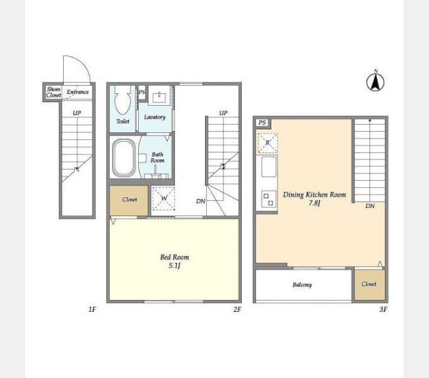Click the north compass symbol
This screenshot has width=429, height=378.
(375, 81)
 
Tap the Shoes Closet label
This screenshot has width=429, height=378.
(54, 92)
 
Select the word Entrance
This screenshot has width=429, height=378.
(78, 92)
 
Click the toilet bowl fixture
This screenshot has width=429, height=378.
(122, 100)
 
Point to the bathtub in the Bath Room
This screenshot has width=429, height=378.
(124, 158)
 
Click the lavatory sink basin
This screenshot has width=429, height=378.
(159, 97)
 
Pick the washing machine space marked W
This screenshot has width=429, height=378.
(163, 198)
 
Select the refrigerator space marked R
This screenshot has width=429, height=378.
(267, 143)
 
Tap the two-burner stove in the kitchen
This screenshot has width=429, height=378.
(268, 199)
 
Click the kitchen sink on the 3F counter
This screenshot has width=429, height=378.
(269, 166)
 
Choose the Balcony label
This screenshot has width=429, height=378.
(302, 285)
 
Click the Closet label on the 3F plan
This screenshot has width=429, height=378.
(369, 284)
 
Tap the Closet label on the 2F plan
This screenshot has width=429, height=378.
(129, 199)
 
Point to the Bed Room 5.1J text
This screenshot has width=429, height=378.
(175, 261)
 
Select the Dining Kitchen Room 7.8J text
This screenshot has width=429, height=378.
(314, 198)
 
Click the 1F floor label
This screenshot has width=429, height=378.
(92, 309)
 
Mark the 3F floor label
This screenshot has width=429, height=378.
(384, 309)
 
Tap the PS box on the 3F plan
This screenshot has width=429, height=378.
(262, 123)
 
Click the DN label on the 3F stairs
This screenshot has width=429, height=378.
(370, 206)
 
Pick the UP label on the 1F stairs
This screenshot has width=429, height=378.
(77, 113)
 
